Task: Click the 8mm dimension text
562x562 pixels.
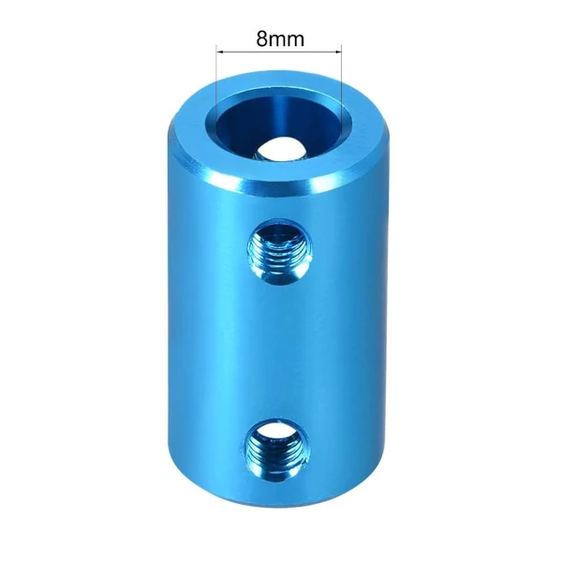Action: (280, 38)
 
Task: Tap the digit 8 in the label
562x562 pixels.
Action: (261, 38)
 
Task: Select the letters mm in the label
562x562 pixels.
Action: (286, 40)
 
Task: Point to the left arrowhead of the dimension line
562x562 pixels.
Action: (221, 52)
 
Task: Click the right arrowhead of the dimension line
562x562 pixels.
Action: (337, 52)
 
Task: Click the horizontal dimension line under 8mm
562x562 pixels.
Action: (279, 52)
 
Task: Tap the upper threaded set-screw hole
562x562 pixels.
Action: (279, 253)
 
